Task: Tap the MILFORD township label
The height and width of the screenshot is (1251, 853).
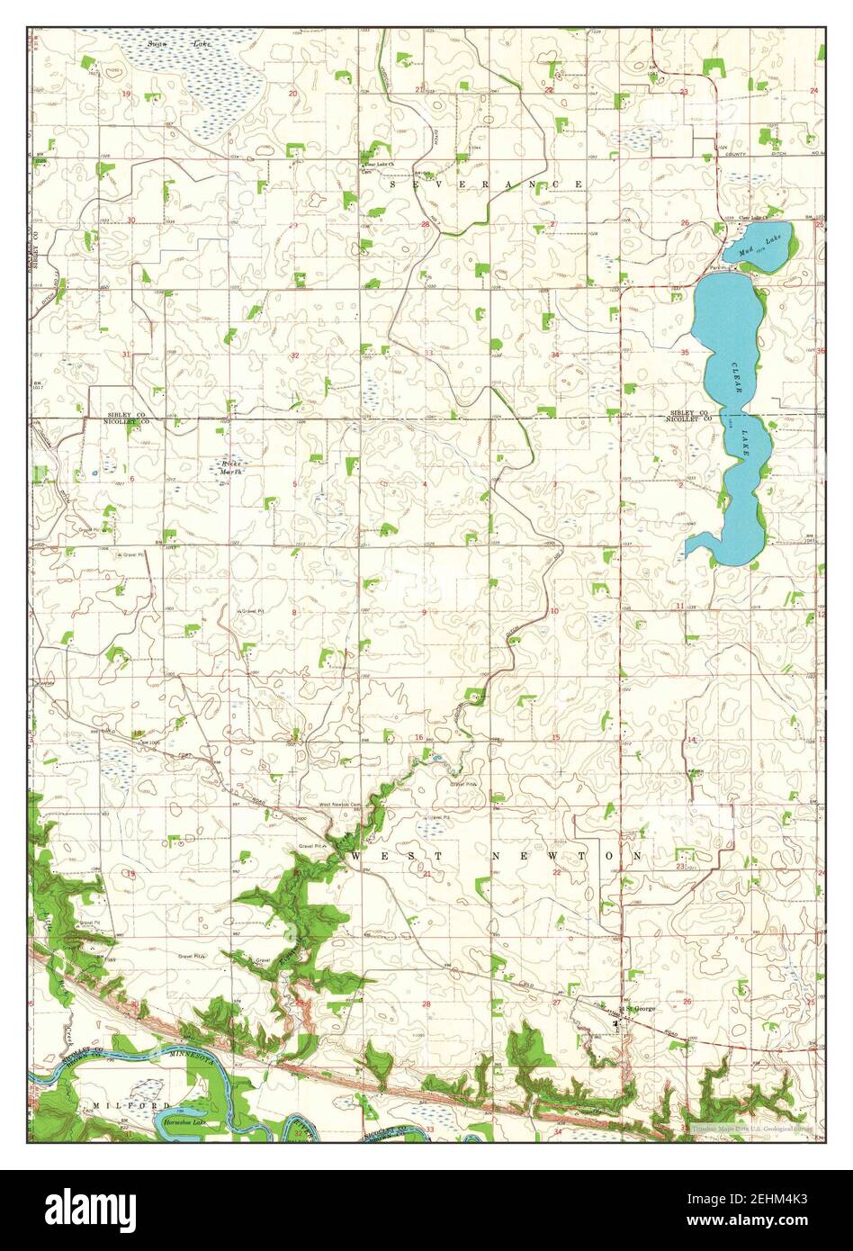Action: tap(130, 1104)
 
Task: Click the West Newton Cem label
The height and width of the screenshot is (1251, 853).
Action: tap(339, 805)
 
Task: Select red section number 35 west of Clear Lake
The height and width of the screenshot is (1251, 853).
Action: tap(685, 353)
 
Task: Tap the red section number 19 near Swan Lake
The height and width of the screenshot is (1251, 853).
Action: tap(127, 94)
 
